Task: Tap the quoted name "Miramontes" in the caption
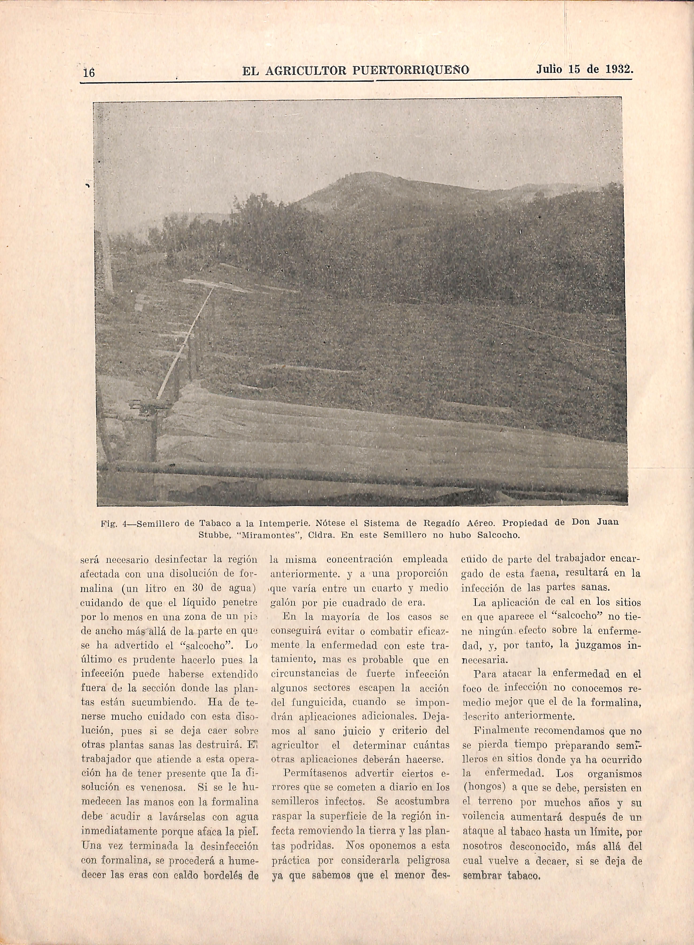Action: tap(272, 536)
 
